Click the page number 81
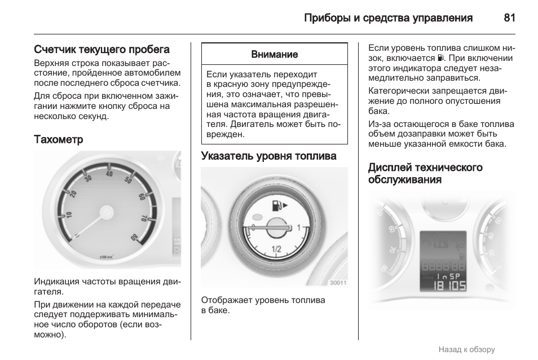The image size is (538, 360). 509,17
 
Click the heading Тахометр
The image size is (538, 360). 59,139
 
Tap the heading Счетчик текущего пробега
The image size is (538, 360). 102,50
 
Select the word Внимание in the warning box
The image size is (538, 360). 274,55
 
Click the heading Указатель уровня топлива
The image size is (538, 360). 268,156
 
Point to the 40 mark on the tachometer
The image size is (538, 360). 109,173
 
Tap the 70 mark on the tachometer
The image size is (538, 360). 144,217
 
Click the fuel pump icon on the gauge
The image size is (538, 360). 276,205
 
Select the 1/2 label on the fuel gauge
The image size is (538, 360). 276,249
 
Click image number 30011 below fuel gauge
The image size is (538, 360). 338,283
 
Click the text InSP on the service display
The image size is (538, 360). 443,276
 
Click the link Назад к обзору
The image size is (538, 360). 466,349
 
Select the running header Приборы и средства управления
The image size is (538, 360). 388,17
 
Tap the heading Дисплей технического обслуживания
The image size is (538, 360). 425,173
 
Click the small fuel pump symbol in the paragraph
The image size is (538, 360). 440,58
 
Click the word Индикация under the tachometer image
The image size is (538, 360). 57,281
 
